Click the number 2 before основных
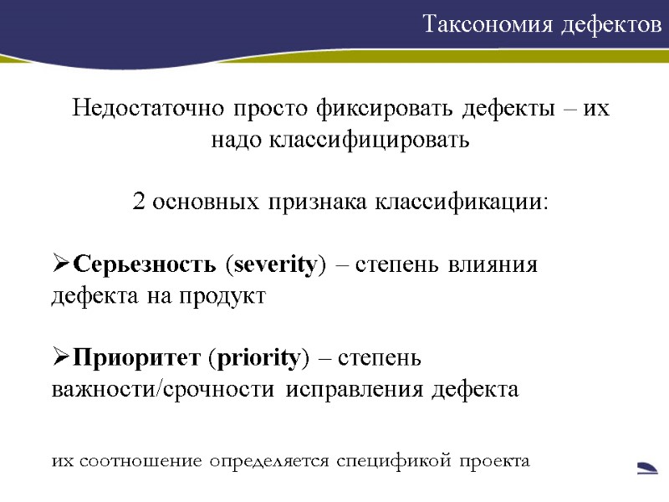point(139,202)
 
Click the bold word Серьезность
point(147,266)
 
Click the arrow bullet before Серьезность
point(61,266)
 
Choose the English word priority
point(258,359)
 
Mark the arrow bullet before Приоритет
point(61,359)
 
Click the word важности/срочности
point(163,390)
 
